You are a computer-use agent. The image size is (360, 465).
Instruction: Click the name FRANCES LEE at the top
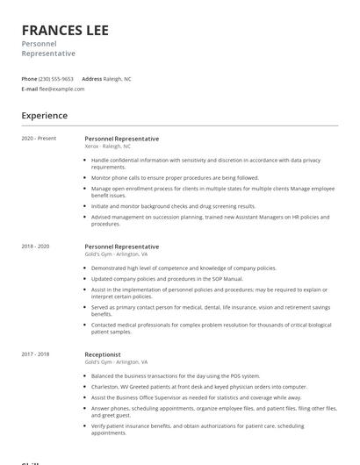(65, 31)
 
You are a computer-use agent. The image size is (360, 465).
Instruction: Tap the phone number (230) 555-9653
(56, 79)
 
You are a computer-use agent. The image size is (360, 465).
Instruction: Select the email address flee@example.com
(61, 89)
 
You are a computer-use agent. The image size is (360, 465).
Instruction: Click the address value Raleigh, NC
(118, 79)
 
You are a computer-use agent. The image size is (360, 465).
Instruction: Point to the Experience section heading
(45, 116)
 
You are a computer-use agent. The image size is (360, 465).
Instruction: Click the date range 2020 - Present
(39, 139)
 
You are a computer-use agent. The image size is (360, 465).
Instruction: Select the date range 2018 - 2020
(35, 247)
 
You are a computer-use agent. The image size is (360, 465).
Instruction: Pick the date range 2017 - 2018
(35, 354)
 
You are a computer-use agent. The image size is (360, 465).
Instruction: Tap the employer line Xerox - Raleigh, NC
(107, 147)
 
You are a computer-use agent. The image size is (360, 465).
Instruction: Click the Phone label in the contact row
(29, 79)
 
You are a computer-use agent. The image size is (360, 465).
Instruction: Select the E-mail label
(29, 89)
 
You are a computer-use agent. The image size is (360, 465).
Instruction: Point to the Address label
(91, 79)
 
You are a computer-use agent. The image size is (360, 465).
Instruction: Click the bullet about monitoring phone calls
(175, 177)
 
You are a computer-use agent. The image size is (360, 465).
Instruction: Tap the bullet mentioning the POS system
(176, 376)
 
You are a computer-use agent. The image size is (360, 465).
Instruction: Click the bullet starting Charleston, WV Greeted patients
(198, 386)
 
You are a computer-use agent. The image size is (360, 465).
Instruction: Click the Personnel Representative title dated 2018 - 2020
(122, 247)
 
